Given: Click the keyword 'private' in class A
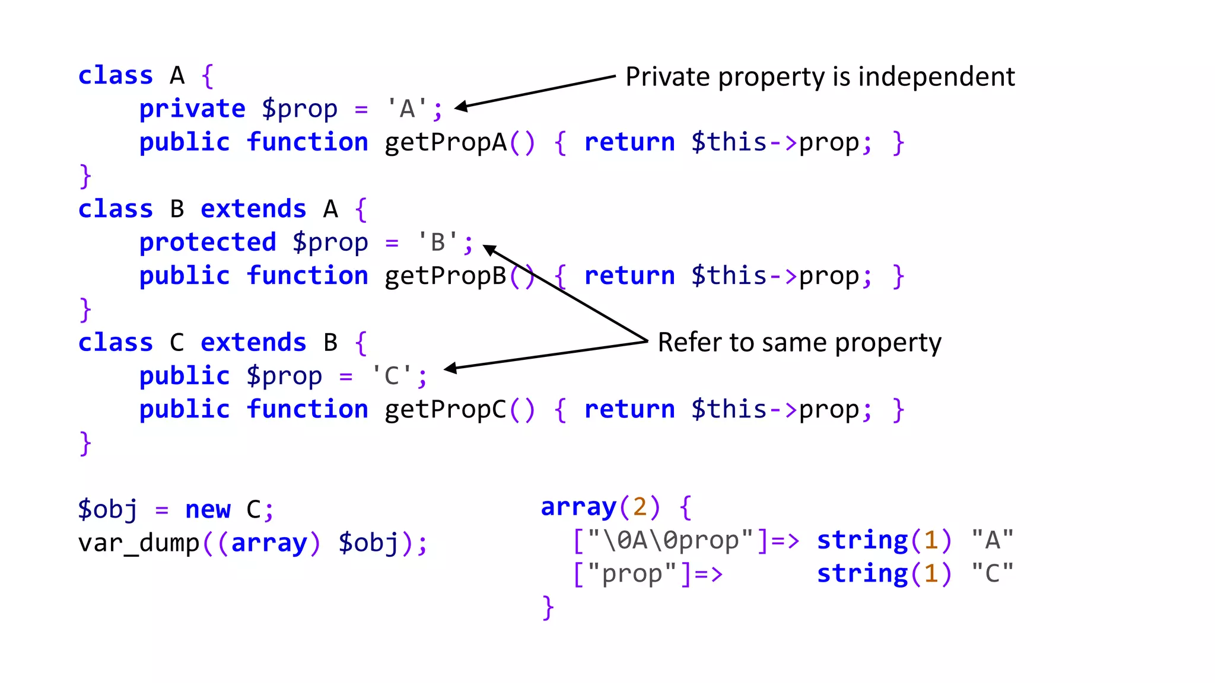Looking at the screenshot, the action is (x=192, y=109).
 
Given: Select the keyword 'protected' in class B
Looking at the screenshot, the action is (x=208, y=242).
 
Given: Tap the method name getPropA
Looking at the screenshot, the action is (x=446, y=143).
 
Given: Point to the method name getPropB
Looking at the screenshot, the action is (x=446, y=276).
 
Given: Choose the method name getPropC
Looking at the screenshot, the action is (x=446, y=410).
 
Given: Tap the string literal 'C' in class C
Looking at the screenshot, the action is (x=392, y=376).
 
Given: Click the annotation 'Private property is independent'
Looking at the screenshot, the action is (x=820, y=77).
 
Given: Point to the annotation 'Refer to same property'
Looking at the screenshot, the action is (x=799, y=343).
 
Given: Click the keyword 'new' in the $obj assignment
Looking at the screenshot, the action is (x=208, y=509).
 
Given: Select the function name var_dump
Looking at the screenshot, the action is (x=139, y=543).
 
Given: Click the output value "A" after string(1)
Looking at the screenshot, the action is (x=992, y=540).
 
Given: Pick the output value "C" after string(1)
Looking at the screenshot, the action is (x=992, y=573).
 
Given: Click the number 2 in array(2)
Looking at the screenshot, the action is (x=640, y=507).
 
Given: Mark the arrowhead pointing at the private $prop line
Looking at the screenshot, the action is (x=460, y=107).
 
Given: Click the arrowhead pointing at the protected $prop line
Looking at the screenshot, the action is (x=489, y=249).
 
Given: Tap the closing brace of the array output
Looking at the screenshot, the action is (x=548, y=608).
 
